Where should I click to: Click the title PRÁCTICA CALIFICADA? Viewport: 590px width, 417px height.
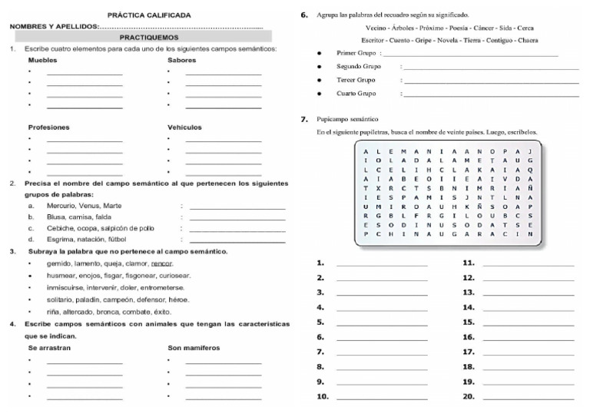point(149,15)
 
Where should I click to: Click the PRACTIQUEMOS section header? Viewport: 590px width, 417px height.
point(149,37)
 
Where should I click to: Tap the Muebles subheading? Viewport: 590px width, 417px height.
point(42,60)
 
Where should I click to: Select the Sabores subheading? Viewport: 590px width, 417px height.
point(181,60)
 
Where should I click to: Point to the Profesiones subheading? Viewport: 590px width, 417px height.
point(49,127)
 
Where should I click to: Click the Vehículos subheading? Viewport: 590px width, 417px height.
point(184,127)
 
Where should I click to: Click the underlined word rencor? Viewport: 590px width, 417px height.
point(162,263)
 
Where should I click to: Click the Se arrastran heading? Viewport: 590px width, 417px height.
point(49,348)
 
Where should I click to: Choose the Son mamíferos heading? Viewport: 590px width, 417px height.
point(194,348)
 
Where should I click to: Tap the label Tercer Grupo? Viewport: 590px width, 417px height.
point(356,80)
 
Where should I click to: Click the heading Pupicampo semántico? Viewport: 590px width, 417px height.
point(347,120)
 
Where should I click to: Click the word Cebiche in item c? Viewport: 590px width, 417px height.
point(58,228)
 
